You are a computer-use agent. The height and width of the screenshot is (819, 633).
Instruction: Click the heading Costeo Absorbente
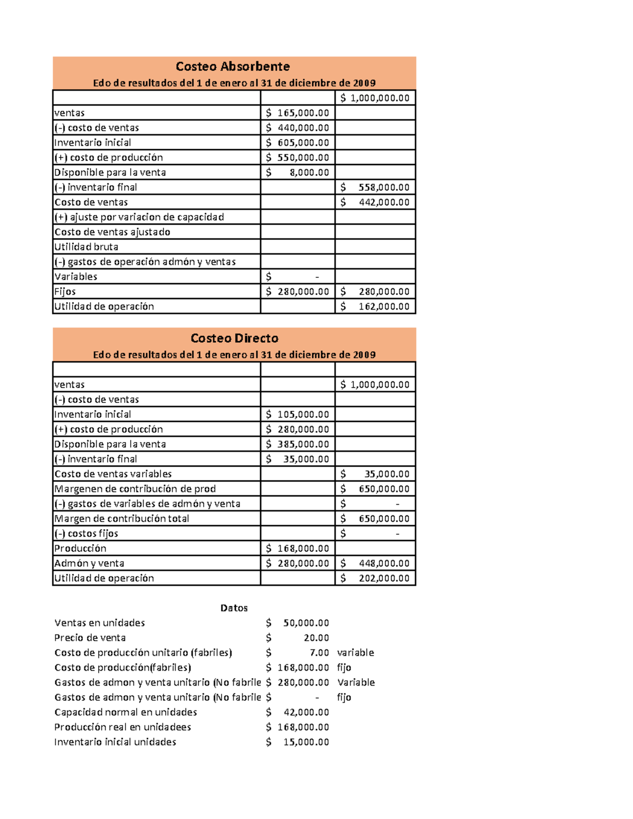[x=233, y=66]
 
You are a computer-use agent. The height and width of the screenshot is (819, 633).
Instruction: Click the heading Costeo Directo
[x=234, y=338]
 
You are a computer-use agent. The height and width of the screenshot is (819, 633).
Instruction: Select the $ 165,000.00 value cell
[x=298, y=113]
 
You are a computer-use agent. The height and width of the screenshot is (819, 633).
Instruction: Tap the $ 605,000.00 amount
[x=298, y=142]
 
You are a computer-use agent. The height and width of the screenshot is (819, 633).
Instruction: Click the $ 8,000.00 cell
[x=298, y=172]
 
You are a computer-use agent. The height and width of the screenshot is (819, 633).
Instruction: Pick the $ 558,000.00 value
[x=375, y=187]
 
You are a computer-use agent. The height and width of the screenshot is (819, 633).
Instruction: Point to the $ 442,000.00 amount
[x=375, y=202]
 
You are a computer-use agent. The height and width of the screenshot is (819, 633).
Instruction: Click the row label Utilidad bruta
[x=87, y=247]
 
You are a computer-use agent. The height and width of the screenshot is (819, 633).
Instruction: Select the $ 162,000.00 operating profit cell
[x=375, y=306]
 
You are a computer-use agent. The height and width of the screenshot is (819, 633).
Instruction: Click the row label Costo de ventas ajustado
[x=112, y=232]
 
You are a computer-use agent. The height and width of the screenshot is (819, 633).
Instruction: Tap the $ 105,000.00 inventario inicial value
[x=298, y=415]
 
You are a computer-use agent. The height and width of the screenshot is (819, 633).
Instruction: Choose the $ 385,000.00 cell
[x=298, y=444]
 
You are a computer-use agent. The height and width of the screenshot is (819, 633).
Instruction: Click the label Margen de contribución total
[x=122, y=518]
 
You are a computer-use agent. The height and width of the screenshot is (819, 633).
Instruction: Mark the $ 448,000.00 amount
[x=375, y=563]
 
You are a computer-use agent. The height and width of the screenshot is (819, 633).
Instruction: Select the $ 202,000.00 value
[x=375, y=578]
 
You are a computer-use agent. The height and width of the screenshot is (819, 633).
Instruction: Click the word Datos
[x=234, y=608]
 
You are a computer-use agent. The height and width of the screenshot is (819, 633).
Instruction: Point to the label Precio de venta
[x=90, y=638]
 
